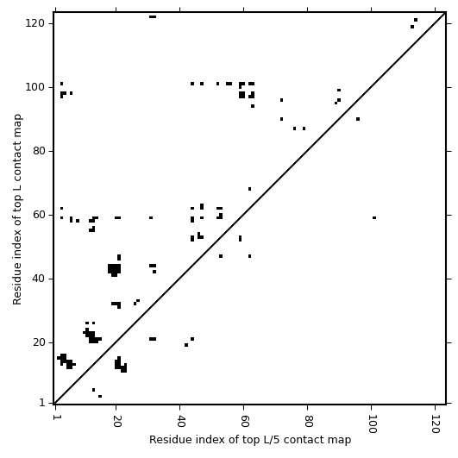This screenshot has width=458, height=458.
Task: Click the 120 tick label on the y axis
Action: [x=35, y=23]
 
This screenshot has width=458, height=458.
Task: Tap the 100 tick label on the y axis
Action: [x=35, y=87]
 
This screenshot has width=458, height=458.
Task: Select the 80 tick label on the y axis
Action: [x=38, y=151]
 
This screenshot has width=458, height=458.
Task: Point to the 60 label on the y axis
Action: [x=38, y=215]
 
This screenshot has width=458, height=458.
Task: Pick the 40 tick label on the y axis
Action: [x=38, y=279]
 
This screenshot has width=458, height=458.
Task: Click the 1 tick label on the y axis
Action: [x=41, y=403]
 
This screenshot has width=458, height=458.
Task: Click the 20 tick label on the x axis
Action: [x=116, y=421]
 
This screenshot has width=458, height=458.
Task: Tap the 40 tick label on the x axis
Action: [x=180, y=421]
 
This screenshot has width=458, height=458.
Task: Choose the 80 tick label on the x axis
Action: [x=308, y=421]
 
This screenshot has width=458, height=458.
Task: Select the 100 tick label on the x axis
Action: [x=372, y=423]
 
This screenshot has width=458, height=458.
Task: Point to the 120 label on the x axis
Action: [x=436, y=423]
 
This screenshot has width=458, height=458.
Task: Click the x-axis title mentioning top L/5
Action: [x=250, y=440]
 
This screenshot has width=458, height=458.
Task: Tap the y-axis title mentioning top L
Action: [x=17, y=209]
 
